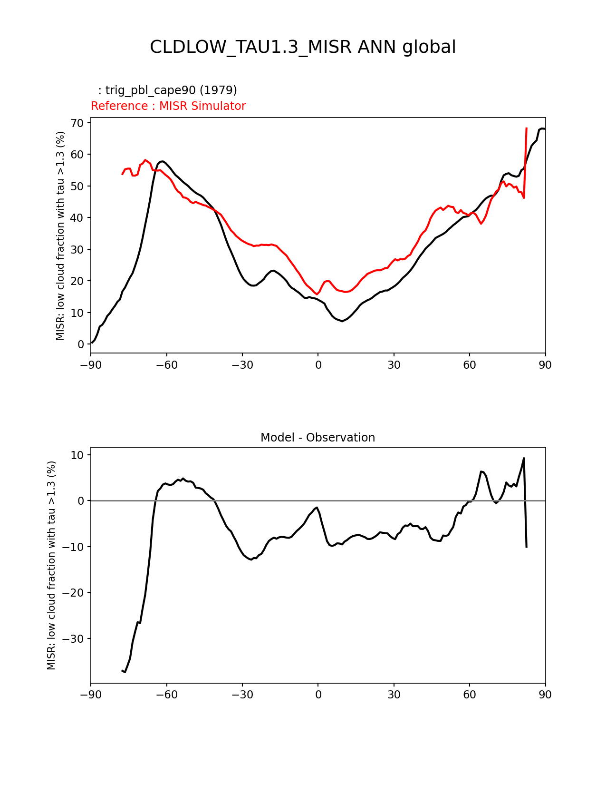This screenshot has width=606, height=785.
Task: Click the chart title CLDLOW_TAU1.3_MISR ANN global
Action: pos(303,47)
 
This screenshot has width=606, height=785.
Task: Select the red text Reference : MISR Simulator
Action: pos(168,106)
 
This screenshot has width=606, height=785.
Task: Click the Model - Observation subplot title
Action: pos(317,438)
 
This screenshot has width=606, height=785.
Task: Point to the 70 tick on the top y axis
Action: pos(77,123)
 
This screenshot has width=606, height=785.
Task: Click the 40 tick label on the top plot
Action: pos(77,218)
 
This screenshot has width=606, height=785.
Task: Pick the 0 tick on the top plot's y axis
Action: pos(81,344)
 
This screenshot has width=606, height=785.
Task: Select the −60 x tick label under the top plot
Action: pos(166,365)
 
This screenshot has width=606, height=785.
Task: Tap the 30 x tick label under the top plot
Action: pos(394,365)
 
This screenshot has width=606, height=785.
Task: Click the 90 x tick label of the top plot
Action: pos(545,365)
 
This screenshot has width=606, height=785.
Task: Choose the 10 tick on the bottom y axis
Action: pos(77,455)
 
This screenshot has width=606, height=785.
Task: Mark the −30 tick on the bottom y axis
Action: pos(74,639)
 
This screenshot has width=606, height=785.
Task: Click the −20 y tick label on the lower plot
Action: pos(74,593)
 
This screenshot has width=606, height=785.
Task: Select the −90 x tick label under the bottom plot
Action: pos(91,695)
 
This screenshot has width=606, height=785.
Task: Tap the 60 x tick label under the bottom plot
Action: pos(470,695)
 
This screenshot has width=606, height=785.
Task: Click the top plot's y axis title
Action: pos(60,235)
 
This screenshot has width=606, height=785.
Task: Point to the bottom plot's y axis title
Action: pos(51,565)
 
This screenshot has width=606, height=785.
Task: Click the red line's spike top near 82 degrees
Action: pos(526,128)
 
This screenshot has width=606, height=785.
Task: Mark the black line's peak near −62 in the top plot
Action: pos(163,161)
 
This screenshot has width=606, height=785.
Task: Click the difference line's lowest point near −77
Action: pos(125,672)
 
